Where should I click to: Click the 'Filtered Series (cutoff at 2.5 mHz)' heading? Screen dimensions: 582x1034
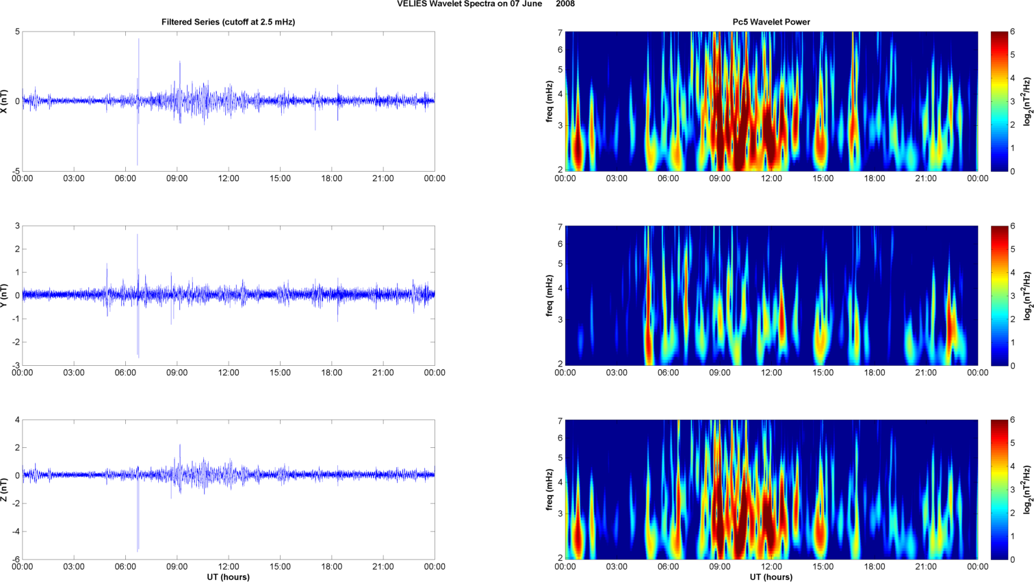[x=228, y=22]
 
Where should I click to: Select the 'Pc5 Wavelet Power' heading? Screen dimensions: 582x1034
[x=771, y=22]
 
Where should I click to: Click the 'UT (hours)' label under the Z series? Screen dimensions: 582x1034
[x=228, y=577]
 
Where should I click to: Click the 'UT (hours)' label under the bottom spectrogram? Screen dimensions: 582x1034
[x=771, y=577]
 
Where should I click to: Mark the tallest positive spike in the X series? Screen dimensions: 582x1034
[x=139, y=40]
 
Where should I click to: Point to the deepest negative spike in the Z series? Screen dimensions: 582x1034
[x=138, y=550]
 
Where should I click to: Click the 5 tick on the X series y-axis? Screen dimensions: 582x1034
[x=17, y=32]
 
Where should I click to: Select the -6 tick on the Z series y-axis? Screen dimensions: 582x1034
[x=15, y=559]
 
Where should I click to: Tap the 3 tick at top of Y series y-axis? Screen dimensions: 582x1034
[x=17, y=226]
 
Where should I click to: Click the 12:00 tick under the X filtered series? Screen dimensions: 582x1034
[x=229, y=178]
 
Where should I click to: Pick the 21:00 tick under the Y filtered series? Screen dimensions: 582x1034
[x=383, y=373]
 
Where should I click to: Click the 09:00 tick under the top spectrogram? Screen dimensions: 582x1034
[x=719, y=178]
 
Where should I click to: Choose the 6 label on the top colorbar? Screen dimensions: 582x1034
[x=1013, y=32]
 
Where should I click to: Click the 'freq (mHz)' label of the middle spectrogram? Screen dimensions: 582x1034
[x=550, y=295]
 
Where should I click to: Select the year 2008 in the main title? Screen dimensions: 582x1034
[x=565, y=4]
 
